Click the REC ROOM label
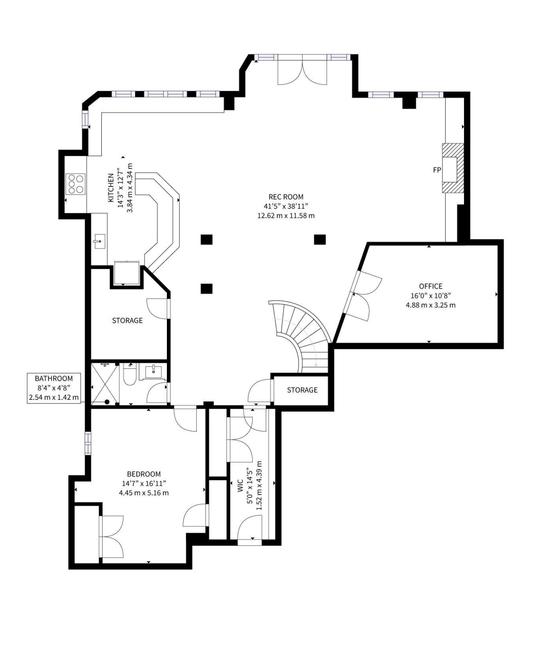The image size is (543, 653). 286,197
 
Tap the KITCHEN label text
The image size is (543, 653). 111,188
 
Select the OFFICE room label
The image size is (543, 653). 431,286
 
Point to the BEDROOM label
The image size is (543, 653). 144,474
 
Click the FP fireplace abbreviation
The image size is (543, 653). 437,170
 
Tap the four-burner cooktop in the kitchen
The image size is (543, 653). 76,184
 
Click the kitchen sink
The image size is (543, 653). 99,241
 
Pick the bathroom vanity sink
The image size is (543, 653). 153,371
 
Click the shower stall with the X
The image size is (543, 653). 105,383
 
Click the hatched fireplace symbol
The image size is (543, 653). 453,168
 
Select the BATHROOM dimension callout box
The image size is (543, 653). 54,388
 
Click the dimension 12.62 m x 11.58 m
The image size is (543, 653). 286,216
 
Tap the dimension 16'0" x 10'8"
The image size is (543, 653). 431,296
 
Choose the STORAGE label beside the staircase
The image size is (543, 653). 302,390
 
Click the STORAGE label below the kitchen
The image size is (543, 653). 127,321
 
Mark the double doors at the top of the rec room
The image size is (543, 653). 302,72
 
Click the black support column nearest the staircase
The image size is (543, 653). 207,289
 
